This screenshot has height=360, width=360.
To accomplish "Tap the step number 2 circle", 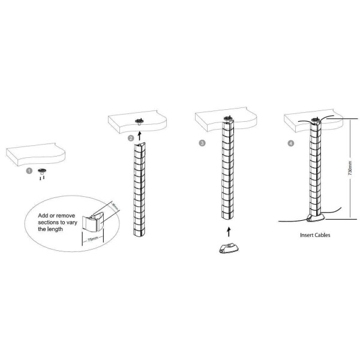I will click(130, 139).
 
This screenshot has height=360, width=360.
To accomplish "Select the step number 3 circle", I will click(202, 143).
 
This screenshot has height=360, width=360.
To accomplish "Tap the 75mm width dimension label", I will click(92, 239).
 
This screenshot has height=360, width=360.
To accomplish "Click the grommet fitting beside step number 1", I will click(42, 171).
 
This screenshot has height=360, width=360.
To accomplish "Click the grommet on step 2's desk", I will click(140, 121).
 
